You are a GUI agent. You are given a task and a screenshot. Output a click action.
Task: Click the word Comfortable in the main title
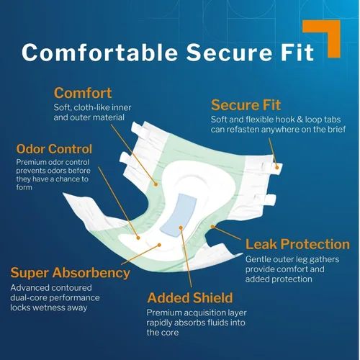(x=99, y=52)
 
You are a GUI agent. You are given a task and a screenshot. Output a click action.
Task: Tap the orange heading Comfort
(x=83, y=93)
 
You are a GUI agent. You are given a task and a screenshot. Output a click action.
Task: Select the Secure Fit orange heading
(x=246, y=105)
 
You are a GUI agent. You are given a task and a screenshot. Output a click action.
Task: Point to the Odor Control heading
(x=54, y=149)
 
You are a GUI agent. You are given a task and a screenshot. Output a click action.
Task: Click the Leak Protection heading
(x=297, y=244)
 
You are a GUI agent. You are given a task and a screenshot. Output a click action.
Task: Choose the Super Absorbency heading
(x=71, y=273)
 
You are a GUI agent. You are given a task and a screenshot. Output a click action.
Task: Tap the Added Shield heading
(x=190, y=297)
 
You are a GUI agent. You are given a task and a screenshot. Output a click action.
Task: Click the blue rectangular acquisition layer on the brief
(x=178, y=215)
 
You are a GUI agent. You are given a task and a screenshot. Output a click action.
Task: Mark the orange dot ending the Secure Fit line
(x=276, y=168)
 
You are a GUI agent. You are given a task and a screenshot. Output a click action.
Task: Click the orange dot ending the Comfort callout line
(x=156, y=184)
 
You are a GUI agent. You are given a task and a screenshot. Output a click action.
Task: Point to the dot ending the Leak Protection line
(x=212, y=226)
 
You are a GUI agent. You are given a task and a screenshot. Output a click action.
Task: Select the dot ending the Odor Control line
(x=138, y=238)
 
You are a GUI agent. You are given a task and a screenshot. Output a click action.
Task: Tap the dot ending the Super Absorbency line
(x=159, y=245)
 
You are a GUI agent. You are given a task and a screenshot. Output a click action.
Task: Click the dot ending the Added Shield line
(x=181, y=228)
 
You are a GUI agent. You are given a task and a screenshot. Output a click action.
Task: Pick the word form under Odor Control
(x=24, y=187)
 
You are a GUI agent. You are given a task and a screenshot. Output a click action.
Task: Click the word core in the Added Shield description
(x=170, y=333)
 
